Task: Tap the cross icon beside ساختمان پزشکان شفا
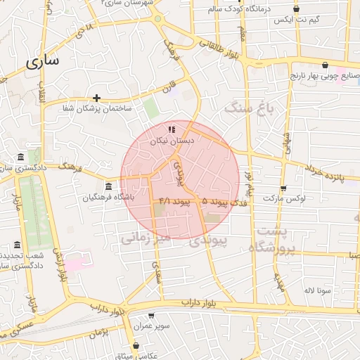[x=96, y=98]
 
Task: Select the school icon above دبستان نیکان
[x=172, y=129]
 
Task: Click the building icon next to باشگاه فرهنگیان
[x=108, y=186]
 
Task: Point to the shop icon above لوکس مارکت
[x=283, y=188]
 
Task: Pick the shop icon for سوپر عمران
[x=151, y=317]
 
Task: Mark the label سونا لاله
[x=318, y=290]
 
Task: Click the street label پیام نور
[x=248, y=182]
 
